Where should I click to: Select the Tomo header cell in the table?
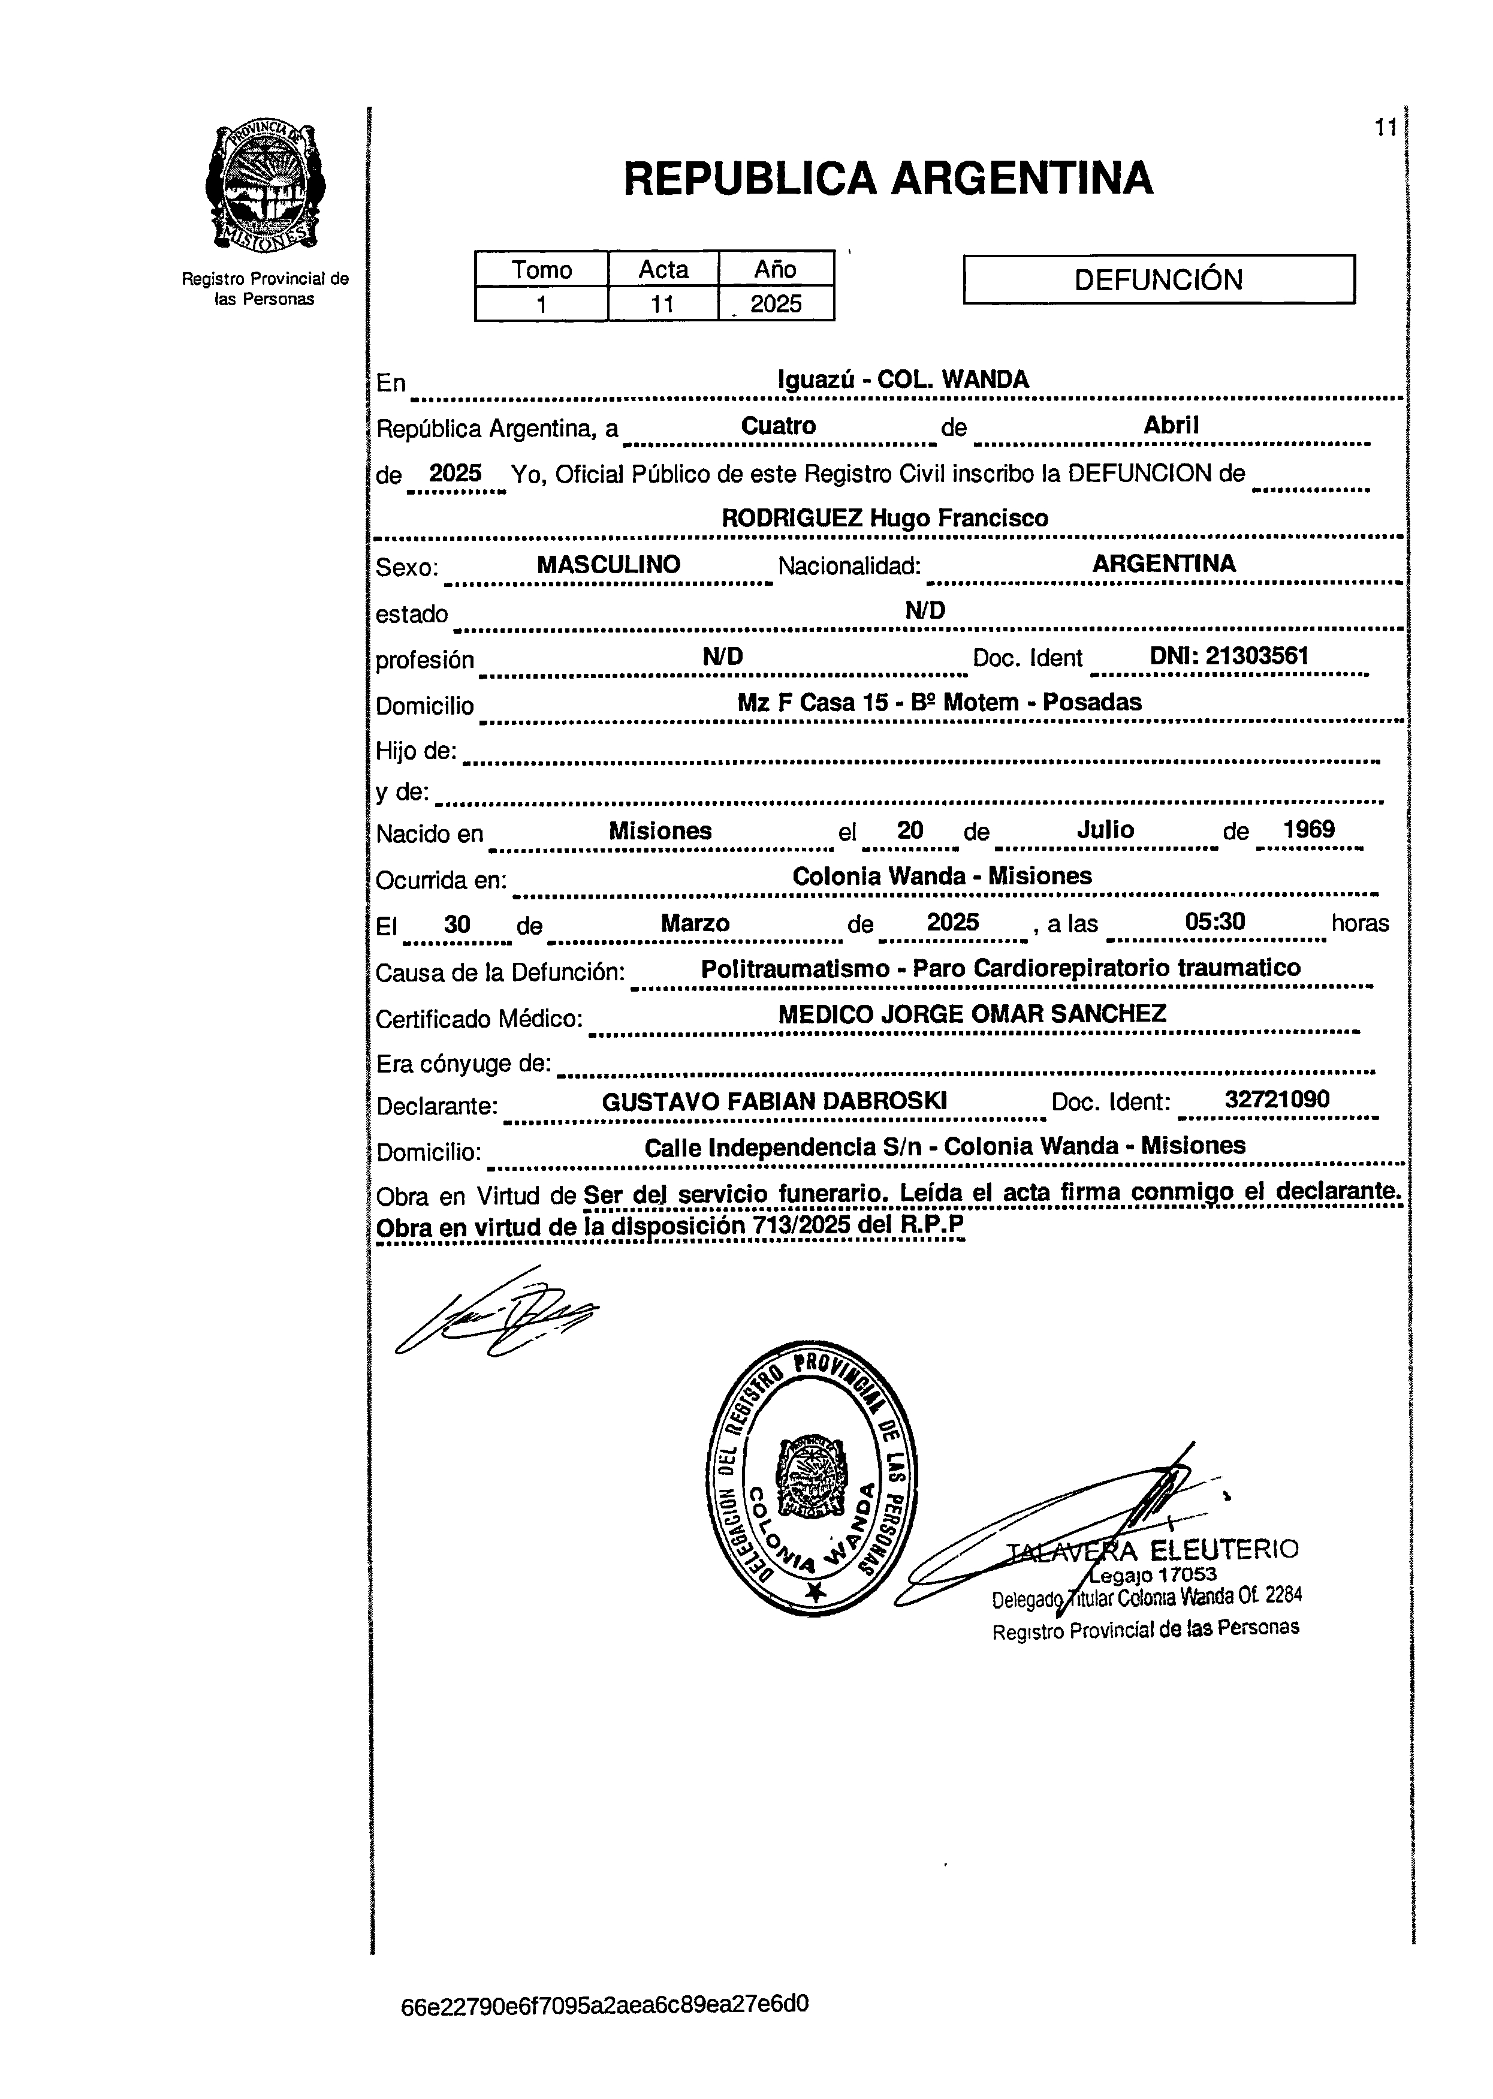[x=541, y=269]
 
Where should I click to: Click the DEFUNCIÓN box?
[x=1159, y=279]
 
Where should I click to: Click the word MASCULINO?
[x=608, y=565]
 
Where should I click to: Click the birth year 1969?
[x=1309, y=829]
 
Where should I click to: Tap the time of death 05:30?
[x=1215, y=921]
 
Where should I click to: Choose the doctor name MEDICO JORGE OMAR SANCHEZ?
[x=972, y=1014]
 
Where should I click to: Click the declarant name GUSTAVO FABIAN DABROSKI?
[x=774, y=1101]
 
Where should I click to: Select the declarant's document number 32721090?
[x=1277, y=1101]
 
